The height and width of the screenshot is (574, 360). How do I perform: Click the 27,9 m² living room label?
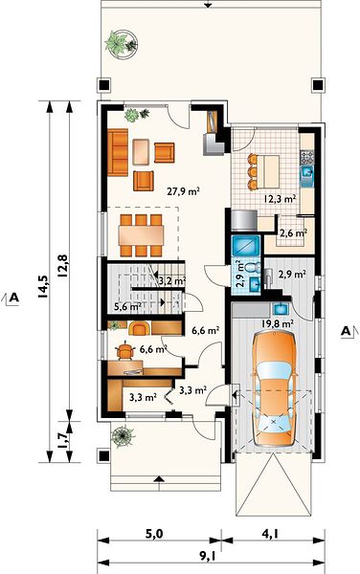tap(184, 191)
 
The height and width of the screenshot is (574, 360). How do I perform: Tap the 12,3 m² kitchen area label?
tap(281, 199)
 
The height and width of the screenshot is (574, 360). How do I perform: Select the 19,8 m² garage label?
tap(278, 323)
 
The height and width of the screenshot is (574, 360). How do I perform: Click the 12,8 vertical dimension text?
tap(62, 264)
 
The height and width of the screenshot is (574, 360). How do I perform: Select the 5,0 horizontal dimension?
tap(154, 535)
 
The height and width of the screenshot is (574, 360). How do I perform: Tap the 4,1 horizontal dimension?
tap(271, 535)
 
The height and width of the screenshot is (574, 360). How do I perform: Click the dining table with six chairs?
tap(141, 235)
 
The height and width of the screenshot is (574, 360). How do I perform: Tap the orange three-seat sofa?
tap(118, 152)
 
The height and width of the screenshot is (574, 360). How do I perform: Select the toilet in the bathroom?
tap(253, 266)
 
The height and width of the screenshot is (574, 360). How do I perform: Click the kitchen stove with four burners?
tap(307, 157)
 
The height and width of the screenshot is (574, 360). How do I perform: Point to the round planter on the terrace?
tap(122, 43)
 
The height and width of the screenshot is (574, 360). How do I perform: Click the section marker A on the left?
tap(14, 298)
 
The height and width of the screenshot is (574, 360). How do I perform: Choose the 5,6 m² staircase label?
tap(127, 306)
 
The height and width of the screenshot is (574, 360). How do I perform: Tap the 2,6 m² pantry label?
tap(293, 232)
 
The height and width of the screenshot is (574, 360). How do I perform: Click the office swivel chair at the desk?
tap(125, 351)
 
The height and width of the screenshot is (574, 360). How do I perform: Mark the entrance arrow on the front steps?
tap(159, 479)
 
